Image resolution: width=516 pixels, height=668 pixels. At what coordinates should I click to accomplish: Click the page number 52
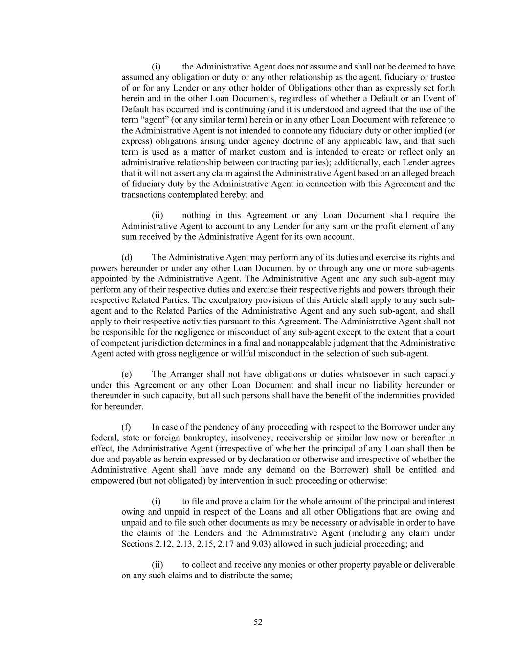pos(258,622)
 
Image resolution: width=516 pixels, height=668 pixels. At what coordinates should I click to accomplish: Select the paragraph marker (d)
pos(127,257)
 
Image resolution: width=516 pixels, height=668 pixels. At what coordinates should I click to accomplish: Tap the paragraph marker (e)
pos(127,374)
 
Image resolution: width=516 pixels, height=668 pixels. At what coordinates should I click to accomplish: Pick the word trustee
pos(442,77)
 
